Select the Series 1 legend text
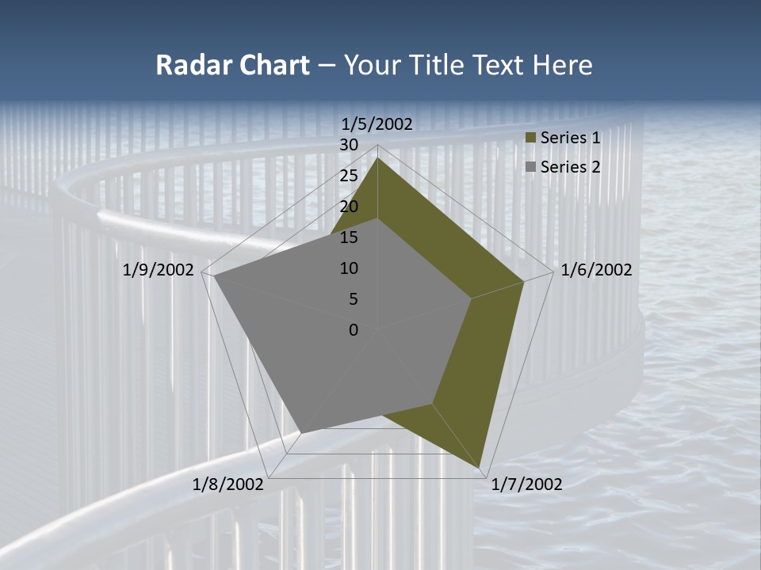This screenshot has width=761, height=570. tap(570, 138)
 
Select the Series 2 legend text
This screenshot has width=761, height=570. tap(570, 167)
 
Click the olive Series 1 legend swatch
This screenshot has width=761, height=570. tap(531, 139)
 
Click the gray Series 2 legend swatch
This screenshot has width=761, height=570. tap(531, 168)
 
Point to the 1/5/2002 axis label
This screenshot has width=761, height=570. tap(377, 123)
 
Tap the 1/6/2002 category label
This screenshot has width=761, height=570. tap(596, 270)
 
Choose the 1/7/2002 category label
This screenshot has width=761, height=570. tap(526, 484)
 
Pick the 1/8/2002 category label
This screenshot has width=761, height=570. tap(228, 484)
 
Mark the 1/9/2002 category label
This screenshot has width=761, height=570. tap(159, 270)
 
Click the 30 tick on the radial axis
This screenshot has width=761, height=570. tap(349, 145)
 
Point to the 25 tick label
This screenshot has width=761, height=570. tap(349, 176)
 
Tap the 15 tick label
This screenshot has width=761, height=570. tap(349, 237)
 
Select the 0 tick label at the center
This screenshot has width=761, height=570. tap(354, 330)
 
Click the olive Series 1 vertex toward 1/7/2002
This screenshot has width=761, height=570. tap(480, 466)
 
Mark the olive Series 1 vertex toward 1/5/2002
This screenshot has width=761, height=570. tap(377, 158)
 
